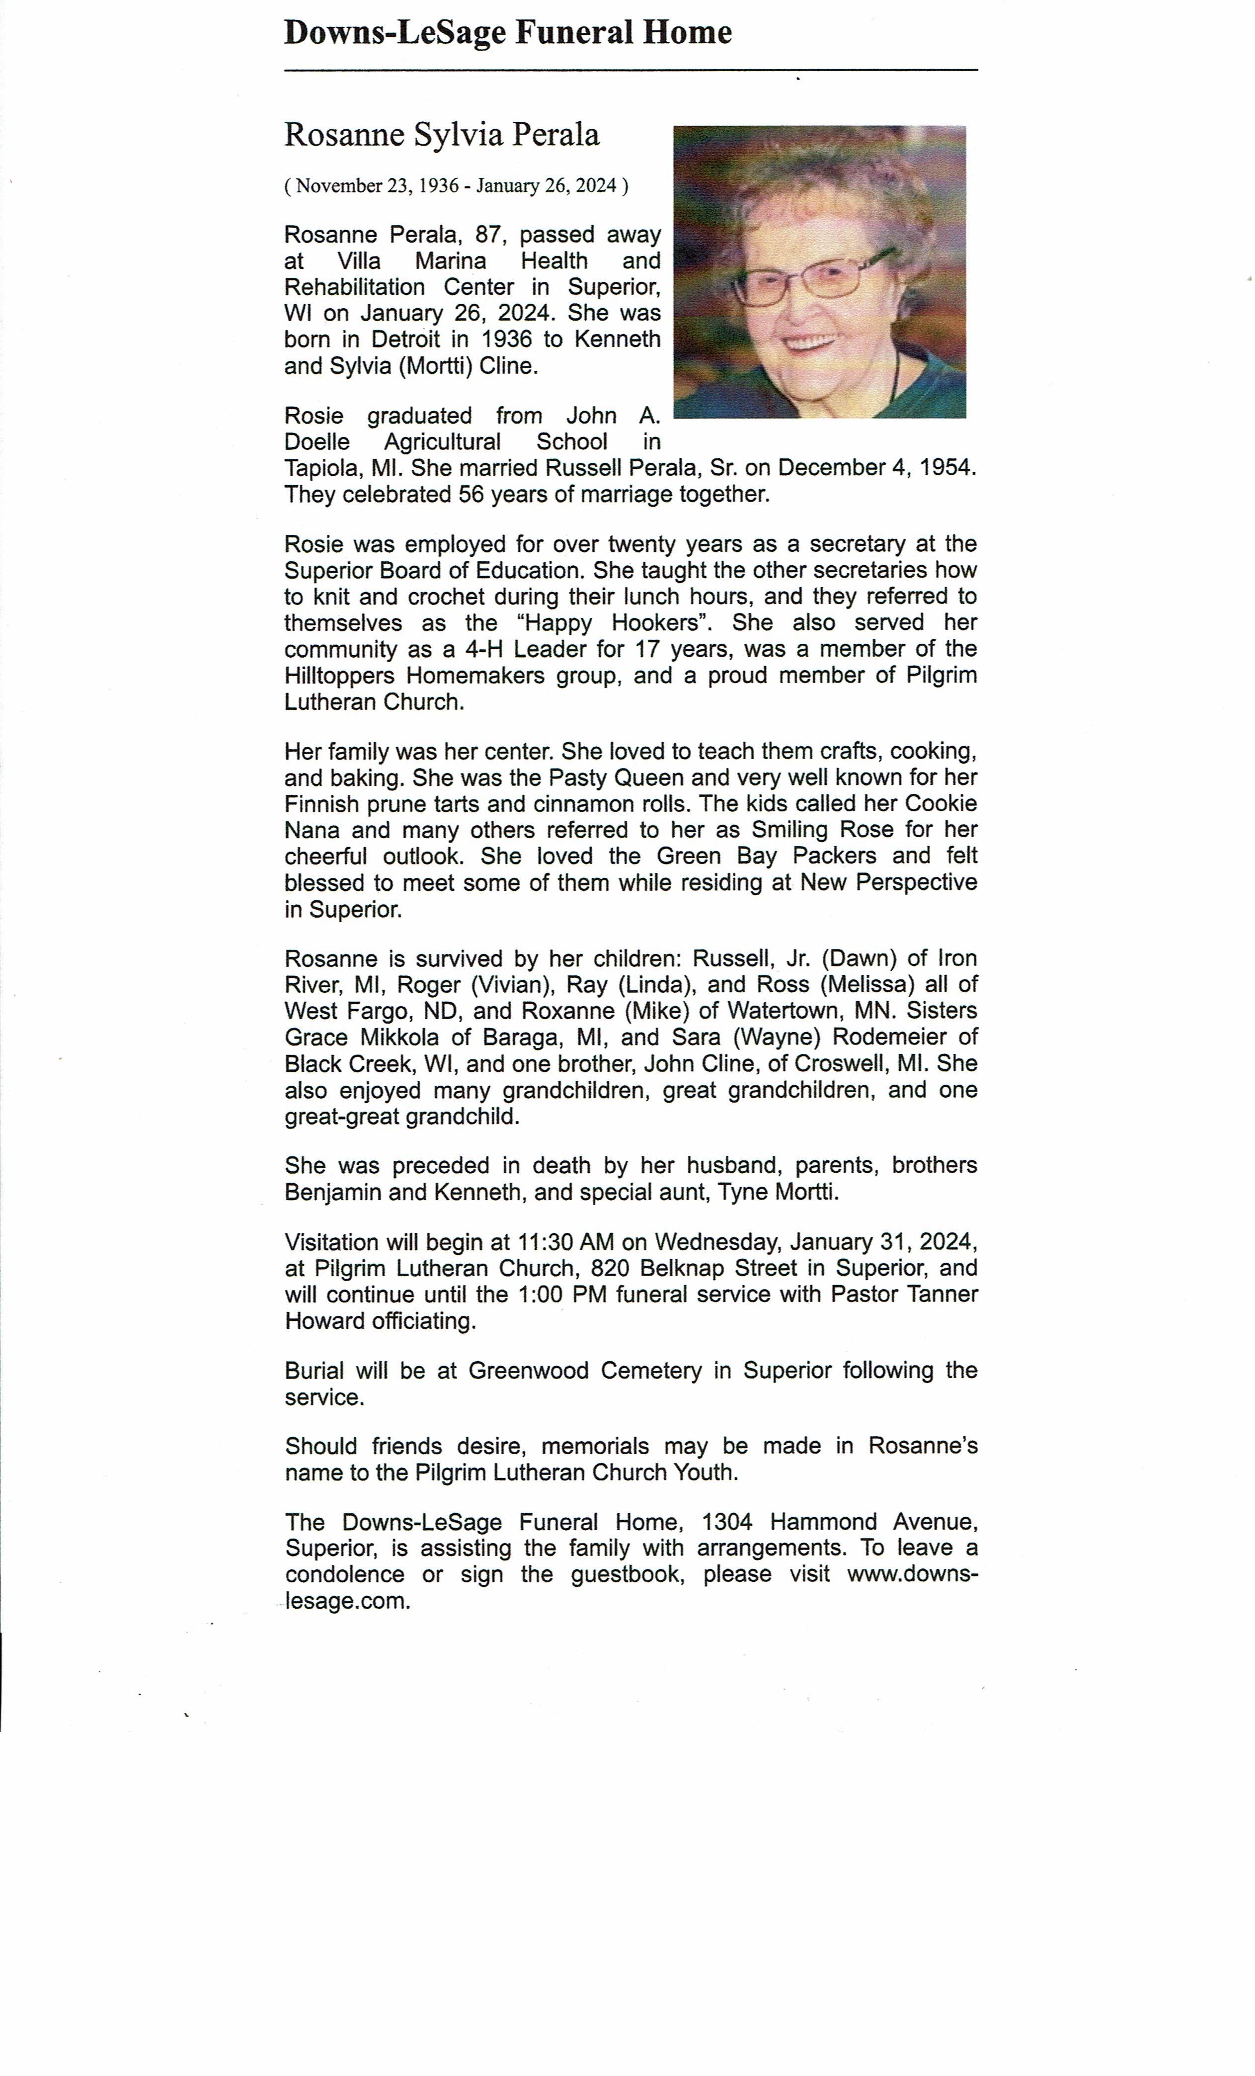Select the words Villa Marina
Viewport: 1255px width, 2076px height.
coord(412,261)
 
